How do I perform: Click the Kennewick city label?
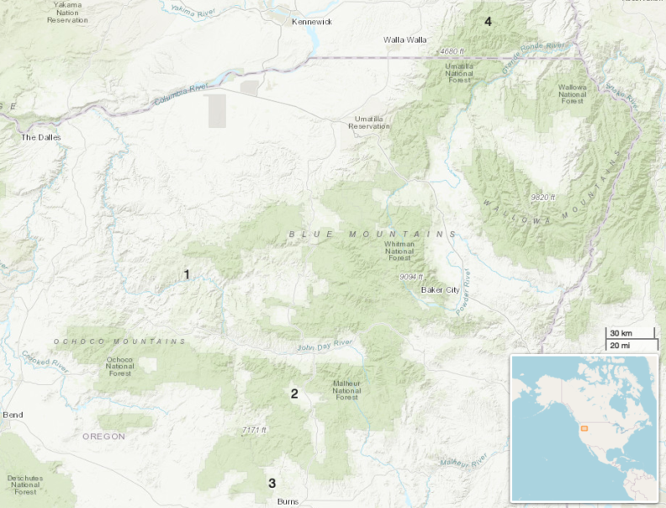(311, 22)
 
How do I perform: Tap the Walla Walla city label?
(405, 40)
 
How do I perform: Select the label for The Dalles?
(41, 137)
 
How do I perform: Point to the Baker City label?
(441, 290)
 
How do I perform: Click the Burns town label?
(287, 501)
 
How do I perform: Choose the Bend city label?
(13, 415)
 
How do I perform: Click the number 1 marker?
(187, 274)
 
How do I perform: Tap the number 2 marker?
(294, 393)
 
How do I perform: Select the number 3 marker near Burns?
(272, 483)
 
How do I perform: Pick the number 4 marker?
(487, 21)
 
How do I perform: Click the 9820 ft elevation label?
(542, 197)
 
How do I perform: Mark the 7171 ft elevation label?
(254, 430)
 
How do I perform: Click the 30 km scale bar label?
(621, 333)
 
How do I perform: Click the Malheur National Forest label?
(346, 389)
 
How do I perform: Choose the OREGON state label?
(103, 437)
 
